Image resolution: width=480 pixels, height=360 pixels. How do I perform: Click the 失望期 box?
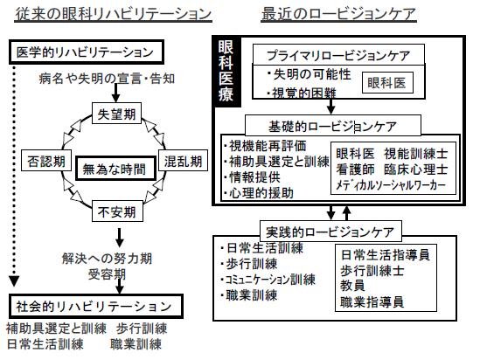point(116,114)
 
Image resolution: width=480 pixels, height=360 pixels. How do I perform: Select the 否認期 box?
point(46,160)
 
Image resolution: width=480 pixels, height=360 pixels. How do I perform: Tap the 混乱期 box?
point(183,160)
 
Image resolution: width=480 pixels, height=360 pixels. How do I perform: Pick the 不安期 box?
point(117,211)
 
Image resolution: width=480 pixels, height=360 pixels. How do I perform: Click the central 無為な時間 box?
point(115,169)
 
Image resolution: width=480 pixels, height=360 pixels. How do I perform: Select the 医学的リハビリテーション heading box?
point(87,52)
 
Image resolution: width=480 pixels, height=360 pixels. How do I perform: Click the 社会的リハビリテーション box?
point(96,307)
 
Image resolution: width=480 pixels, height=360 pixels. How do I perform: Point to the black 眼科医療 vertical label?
point(226,72)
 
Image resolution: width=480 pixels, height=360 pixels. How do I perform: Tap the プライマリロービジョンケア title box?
point(338,55)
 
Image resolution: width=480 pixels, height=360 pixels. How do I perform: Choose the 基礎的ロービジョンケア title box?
point(333,126)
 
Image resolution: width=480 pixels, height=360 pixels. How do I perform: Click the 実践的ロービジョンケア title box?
point(330,232)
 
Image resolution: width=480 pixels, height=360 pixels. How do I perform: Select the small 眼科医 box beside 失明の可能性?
point(387,83)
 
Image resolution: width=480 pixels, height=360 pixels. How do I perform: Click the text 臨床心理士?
point(415,170)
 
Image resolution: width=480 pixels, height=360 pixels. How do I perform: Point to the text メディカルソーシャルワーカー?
point(391,185)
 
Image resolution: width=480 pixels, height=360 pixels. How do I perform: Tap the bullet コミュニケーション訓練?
point(268,280)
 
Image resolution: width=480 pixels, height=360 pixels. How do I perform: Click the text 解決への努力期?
point(108,259)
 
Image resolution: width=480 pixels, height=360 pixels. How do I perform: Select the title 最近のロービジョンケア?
point(338,14)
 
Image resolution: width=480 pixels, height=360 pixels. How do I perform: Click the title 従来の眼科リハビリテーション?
point(114,14)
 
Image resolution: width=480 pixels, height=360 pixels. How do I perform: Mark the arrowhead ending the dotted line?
point(14,281)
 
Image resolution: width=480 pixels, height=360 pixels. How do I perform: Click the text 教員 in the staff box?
point(352,286)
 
